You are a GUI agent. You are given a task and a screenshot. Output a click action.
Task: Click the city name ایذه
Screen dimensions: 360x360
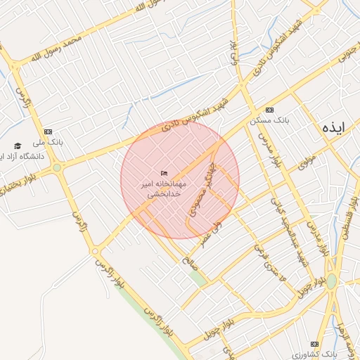click(x=333, y=129)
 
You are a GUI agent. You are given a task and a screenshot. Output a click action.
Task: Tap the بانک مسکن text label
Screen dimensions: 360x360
click(x=271, y=120)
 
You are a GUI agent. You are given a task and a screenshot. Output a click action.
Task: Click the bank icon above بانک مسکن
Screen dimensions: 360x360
click(x=271, y=111)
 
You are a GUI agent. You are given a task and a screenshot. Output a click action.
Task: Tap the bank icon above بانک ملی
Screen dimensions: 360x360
click(x=49, y=131)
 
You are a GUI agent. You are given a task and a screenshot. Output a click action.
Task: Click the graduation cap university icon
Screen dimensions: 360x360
click(x=18, y=146)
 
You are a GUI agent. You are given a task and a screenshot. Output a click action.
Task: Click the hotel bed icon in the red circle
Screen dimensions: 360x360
click(x=165, y=173)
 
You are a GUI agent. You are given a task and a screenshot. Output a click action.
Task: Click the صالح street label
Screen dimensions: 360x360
click(x=189, y=262)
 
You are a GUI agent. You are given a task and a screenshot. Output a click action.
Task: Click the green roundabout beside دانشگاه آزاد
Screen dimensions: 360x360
click(x=57, y=168)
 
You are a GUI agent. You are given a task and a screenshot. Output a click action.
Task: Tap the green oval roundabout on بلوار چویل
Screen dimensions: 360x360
click(x=331, y=281)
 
